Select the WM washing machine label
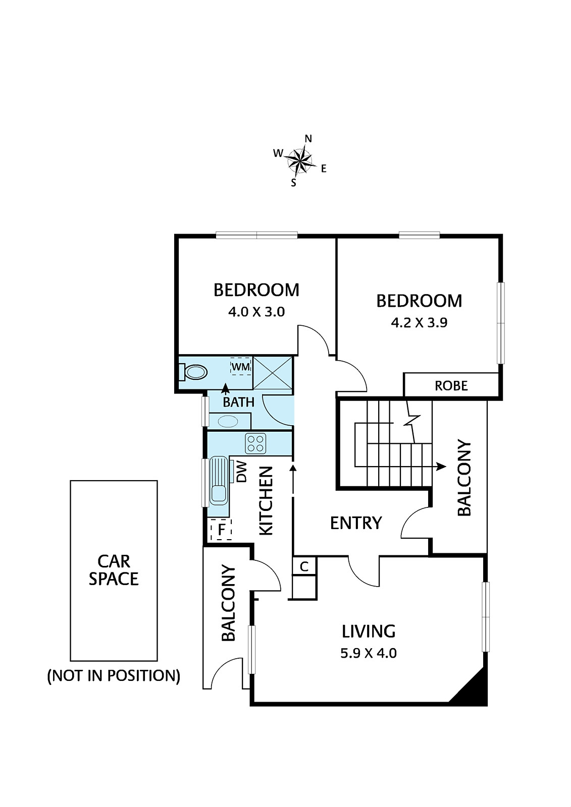[x=240, y=367]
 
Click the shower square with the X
[x=273, y=373]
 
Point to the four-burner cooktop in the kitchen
[x=255, y=443]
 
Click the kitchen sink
[x=219, y=481]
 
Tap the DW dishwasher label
[x=241, y=472]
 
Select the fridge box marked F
[x=221, y=530]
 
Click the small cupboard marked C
[x=304, y=566]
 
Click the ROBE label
[x=451, y=386]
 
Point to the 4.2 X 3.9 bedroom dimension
[x=419, y=322]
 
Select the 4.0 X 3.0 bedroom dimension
[x=256, y=312]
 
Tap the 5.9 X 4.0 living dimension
[x=369, y=653]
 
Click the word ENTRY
[x=356, y=523]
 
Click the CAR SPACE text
[x=114, y=570]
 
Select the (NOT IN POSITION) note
[x=114, y=675]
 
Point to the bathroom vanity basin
[x=228, y=421]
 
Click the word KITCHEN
[x=266, y=500]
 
